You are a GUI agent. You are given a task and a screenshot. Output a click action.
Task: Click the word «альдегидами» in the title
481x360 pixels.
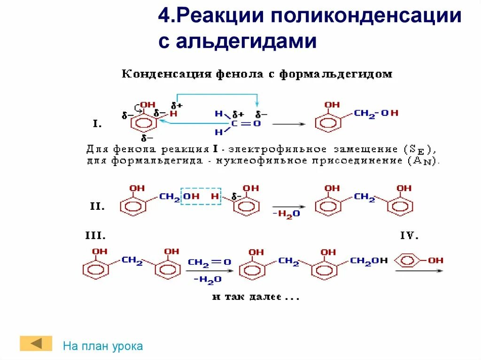click(247, 41)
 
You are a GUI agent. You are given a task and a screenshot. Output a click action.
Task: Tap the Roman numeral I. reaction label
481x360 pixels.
click(97, 124)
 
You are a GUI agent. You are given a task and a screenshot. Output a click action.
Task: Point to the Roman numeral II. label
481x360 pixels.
click(97, 206)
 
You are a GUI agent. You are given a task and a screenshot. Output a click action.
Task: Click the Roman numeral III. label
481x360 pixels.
click(94, 236)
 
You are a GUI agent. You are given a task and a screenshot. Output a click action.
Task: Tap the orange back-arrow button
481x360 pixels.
click(36, 343)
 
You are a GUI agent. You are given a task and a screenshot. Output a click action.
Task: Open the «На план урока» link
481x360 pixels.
click(103, 346)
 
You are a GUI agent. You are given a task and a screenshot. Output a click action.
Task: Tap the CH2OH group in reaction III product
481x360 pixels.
click(369, 260)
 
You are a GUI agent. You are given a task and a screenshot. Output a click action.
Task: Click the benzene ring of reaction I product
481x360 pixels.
click(327, 124)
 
